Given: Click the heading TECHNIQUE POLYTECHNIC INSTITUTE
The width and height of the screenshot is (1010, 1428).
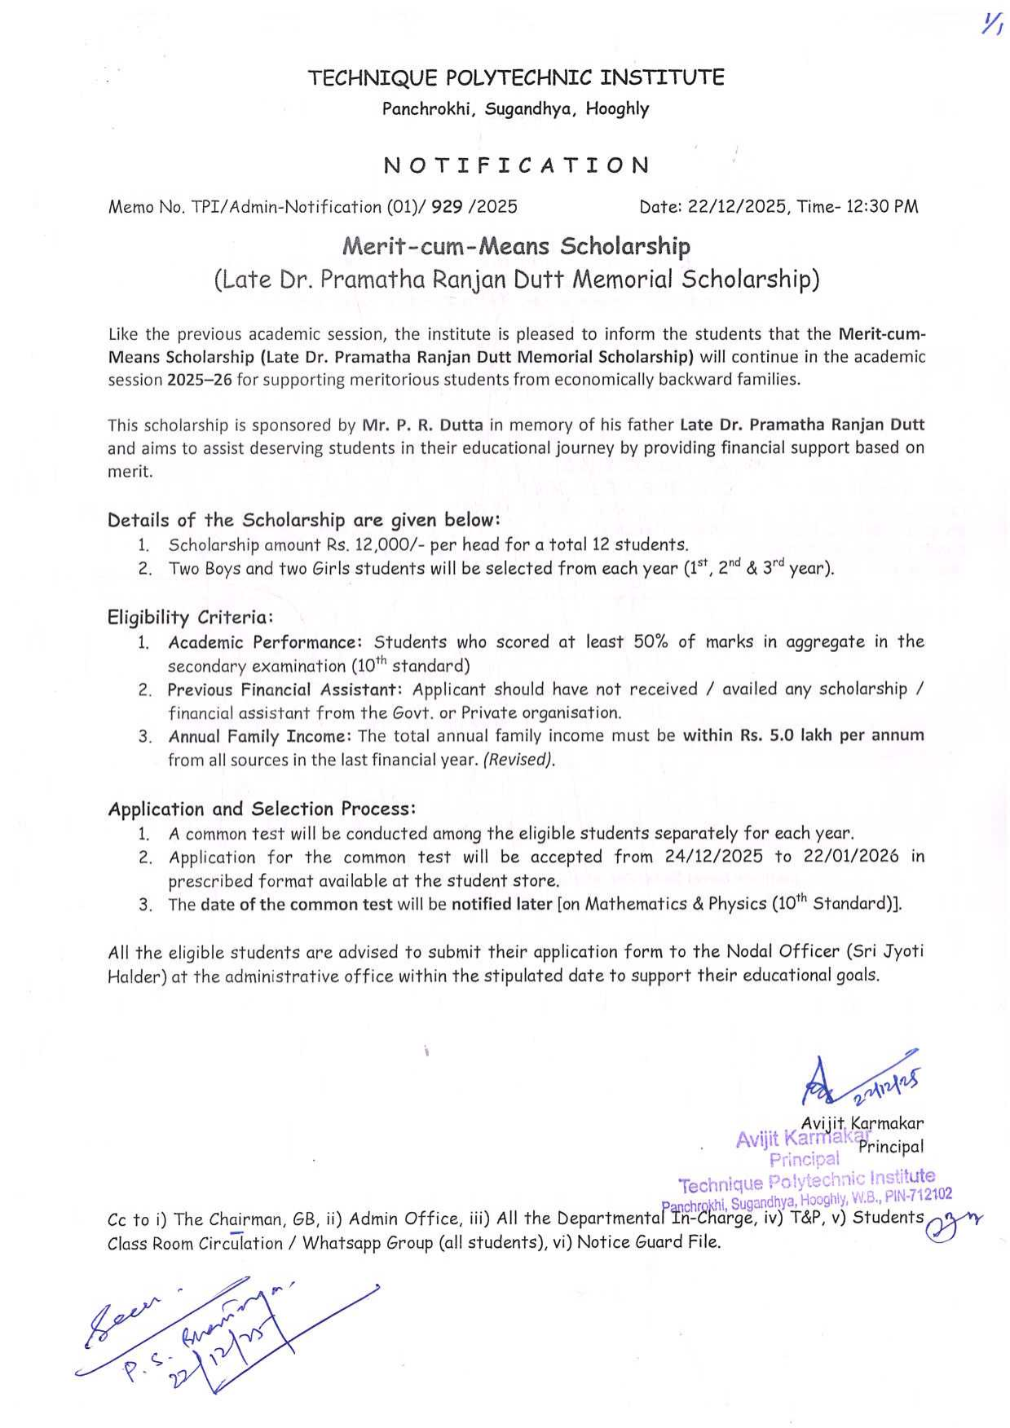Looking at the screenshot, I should coord(515,78).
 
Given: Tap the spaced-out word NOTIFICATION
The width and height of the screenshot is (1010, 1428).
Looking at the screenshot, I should coord(517,165).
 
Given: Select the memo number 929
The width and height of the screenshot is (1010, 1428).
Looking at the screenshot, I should coord(448,207).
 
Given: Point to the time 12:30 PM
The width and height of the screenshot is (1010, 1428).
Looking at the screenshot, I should coord(883,207).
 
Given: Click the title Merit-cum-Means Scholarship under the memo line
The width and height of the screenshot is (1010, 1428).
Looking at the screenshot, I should coord(516,246).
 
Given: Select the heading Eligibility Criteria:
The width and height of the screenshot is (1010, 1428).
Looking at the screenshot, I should coord(190,617).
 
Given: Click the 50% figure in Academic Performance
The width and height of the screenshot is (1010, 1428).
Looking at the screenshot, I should coord(651,642).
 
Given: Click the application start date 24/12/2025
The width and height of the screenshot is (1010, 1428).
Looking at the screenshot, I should coord(714,857).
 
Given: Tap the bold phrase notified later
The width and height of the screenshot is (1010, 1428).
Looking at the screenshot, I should coord(501,904).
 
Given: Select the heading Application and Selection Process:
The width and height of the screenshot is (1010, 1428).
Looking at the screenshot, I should coord(262,809).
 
